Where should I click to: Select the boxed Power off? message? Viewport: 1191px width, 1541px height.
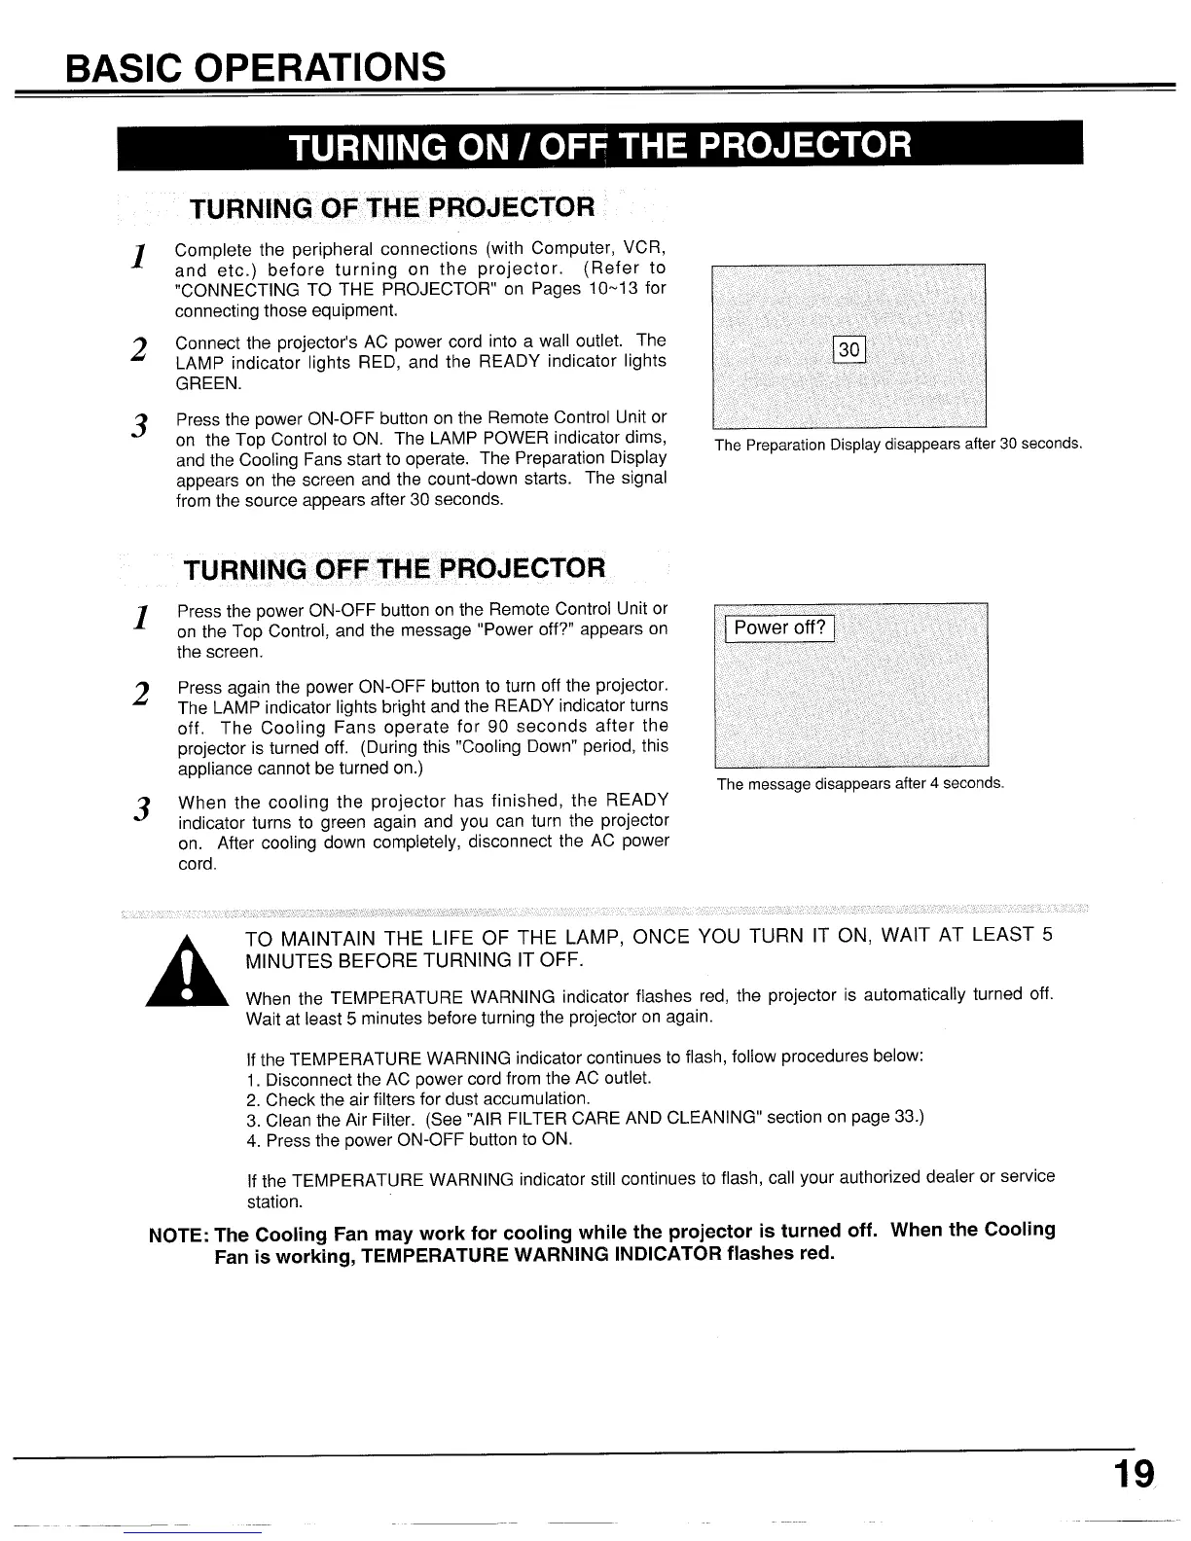(x=779, y=627)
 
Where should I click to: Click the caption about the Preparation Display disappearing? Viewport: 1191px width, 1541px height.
(x=897, y=445)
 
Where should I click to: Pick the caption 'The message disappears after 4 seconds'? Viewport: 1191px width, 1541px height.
(x=859, y=784)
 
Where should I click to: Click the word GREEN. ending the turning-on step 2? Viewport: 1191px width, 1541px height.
(x=207, y=382)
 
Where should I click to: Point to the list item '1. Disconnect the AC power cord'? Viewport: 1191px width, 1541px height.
(x=449, y=1079)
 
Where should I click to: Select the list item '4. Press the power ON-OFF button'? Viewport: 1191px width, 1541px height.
(x=409, y=1139)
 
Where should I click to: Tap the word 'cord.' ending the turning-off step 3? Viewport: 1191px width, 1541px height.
(x=196, y=864)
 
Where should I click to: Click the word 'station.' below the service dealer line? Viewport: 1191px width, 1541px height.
(x=276, y=1201)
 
